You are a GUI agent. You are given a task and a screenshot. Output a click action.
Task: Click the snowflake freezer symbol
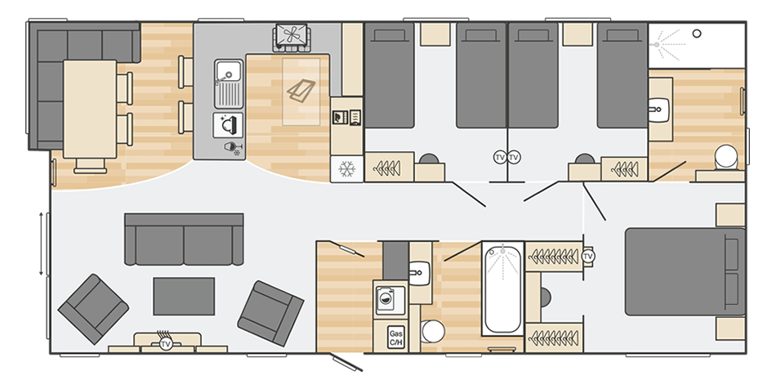(346, 170)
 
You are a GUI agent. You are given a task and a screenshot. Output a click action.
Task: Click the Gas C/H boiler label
(396, 337)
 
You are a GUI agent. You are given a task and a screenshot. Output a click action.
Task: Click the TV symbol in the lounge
(166, 344)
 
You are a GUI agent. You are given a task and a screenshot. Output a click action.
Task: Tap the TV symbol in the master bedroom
(588, 257)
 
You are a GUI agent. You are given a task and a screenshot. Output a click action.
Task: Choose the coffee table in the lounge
(184, 296)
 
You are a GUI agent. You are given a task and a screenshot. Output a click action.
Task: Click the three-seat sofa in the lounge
(184, 239)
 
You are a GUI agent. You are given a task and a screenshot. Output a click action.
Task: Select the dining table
(90, 111)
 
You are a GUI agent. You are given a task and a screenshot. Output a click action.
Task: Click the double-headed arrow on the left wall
(41, 243)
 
